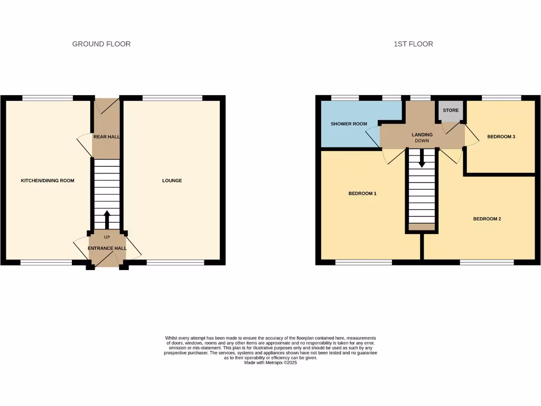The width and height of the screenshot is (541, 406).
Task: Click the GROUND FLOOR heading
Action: pos(101,44)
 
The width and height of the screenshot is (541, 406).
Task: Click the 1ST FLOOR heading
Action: pos(413,44)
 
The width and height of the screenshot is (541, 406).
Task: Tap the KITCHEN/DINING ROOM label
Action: pos(48,181)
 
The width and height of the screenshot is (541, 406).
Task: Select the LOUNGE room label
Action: pos(172,181)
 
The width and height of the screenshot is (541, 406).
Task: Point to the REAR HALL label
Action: pos(106,137)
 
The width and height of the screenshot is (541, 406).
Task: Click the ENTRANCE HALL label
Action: pos(107,248)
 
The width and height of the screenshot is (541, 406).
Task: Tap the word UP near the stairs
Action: pos(107,237)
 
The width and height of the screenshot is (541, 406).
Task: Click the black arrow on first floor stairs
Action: pos(422,158)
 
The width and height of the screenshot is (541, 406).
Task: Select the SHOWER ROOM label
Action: pos(349,124)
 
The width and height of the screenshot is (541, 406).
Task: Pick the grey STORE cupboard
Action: pos(451,111)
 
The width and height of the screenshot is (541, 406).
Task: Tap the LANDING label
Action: pos(422,135)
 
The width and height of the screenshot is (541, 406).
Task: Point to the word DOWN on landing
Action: pos(422,141)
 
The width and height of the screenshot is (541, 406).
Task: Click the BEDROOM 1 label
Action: pos(362,193)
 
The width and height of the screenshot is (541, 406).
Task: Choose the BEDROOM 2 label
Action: pos(487,219)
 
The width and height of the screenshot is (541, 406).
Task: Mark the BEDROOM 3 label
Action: pos(501,137)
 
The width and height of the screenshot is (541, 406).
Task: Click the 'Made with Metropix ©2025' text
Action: pos(270,363)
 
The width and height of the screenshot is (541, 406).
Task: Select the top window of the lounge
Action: pos(172,98)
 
